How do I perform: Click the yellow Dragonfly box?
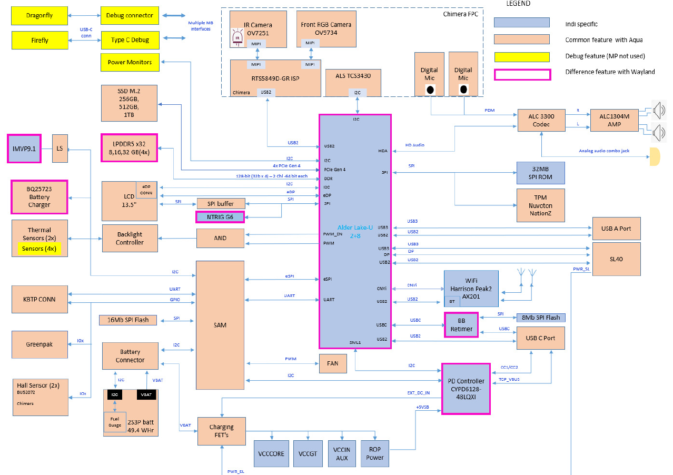tap(39, 16)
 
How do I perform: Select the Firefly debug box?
tap(39, 40)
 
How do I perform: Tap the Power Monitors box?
tap(130, 62)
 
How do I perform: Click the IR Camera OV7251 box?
tap(258, 29)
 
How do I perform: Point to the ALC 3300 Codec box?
tap(541, 121)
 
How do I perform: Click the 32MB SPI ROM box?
tap(541, 173)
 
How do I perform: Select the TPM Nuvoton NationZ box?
tap(541, 205)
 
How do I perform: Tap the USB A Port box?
tap(617, 229)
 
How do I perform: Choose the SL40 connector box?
tap(617, 259)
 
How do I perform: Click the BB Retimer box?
tap(461, 325)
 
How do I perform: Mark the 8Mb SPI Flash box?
tap(541, 318)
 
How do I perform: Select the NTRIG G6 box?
tap(220, 216)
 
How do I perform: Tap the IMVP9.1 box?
tap(24, 149)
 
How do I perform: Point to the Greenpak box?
tap(39, 344)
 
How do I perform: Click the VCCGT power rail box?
tap(307, 453)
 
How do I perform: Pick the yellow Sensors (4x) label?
tap(39, 248)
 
